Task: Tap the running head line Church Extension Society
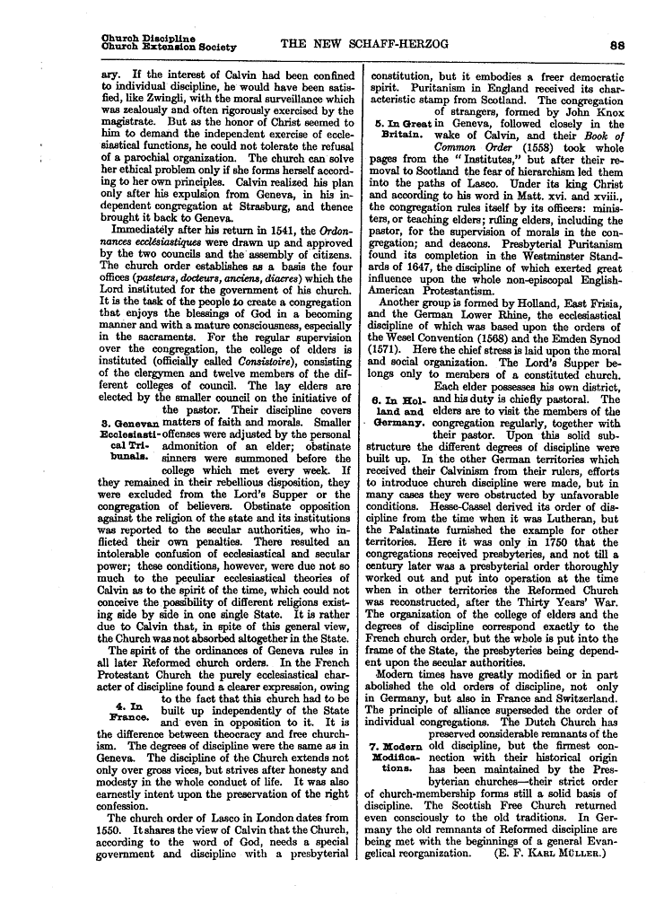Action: pyautogui.click(x=170, y=46)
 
